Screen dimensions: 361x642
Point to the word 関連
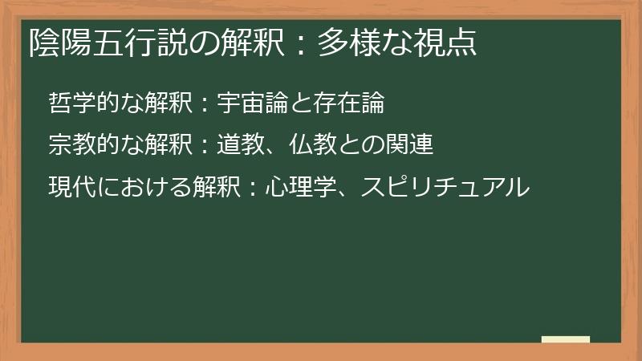413,145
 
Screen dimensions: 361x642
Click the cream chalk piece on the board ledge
565,339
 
